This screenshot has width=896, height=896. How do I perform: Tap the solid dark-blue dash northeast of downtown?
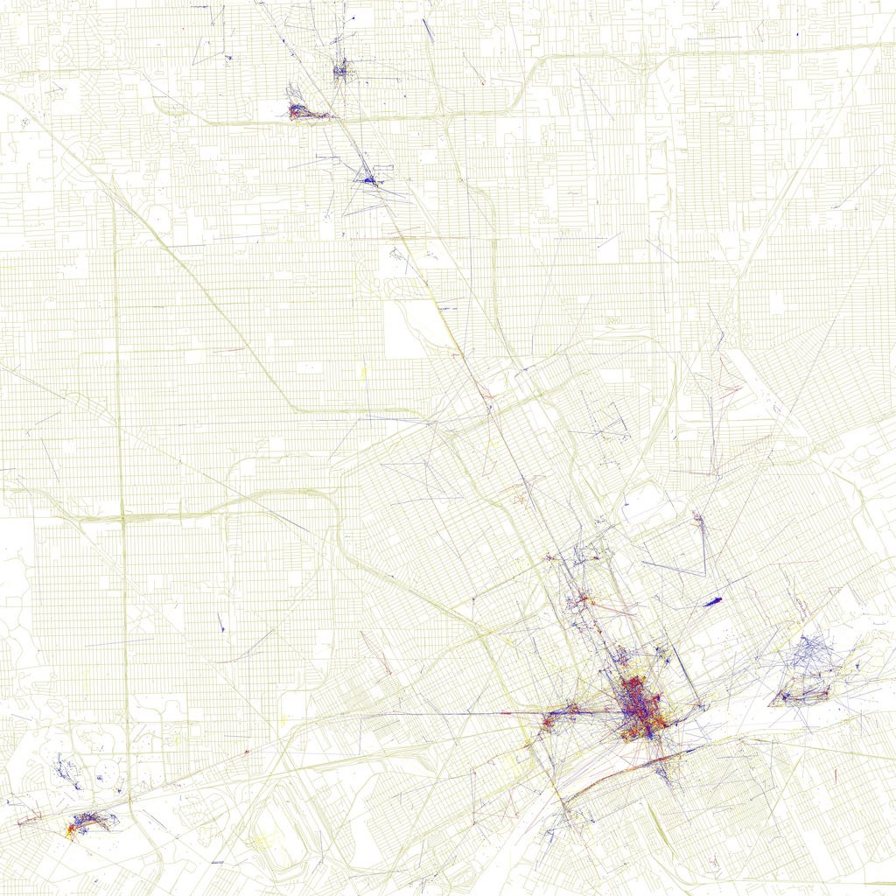coord(712,601)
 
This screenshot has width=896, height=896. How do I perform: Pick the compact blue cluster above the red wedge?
coord(340,70)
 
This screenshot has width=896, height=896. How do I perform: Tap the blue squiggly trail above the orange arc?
coord(66,771)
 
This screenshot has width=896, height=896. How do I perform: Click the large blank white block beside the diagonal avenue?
coord(404,329)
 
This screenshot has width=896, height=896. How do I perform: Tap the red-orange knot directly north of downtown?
coord(581,601)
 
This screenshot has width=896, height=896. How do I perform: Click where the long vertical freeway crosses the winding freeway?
coord(123,518)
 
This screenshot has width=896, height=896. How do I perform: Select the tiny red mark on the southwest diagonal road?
coord(246,752)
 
